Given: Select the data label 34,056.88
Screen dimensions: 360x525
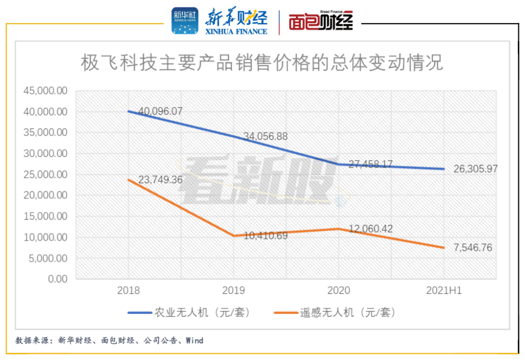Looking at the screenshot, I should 262,136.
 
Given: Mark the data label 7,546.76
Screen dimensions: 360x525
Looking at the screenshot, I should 472,248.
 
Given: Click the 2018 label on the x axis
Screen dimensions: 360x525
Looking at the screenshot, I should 128,291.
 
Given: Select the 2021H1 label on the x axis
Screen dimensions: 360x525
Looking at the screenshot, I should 443,291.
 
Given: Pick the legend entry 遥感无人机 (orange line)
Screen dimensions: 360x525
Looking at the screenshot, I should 335,312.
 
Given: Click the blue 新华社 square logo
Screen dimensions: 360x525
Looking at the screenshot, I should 185,21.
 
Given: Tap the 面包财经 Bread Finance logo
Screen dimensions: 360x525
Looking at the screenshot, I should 320,21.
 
